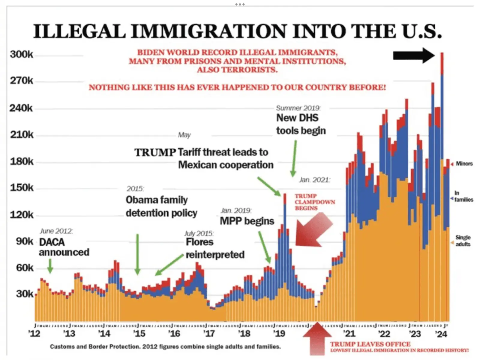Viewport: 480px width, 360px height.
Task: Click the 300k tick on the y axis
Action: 22,55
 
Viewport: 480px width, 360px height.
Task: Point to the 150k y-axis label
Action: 22,188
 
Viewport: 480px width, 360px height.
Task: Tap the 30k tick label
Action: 25,294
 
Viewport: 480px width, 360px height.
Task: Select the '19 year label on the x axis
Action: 279,334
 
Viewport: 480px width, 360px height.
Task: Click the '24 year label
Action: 441,334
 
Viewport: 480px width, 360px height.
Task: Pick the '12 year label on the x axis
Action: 34,334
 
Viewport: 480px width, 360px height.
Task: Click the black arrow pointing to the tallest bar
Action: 414,55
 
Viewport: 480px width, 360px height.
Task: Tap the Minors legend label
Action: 464,164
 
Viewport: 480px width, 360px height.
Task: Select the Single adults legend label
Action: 463,241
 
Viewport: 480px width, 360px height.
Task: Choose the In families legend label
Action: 463,196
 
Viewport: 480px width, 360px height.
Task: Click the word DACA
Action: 52,242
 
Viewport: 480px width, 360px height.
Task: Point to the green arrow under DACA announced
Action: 50,265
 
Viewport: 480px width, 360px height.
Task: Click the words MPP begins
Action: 247,221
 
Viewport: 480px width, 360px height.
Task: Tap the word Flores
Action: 199,242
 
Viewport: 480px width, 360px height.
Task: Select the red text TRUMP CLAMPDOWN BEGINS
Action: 314,202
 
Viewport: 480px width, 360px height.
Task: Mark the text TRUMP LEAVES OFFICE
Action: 370,344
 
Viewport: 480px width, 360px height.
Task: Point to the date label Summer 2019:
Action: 298,108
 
